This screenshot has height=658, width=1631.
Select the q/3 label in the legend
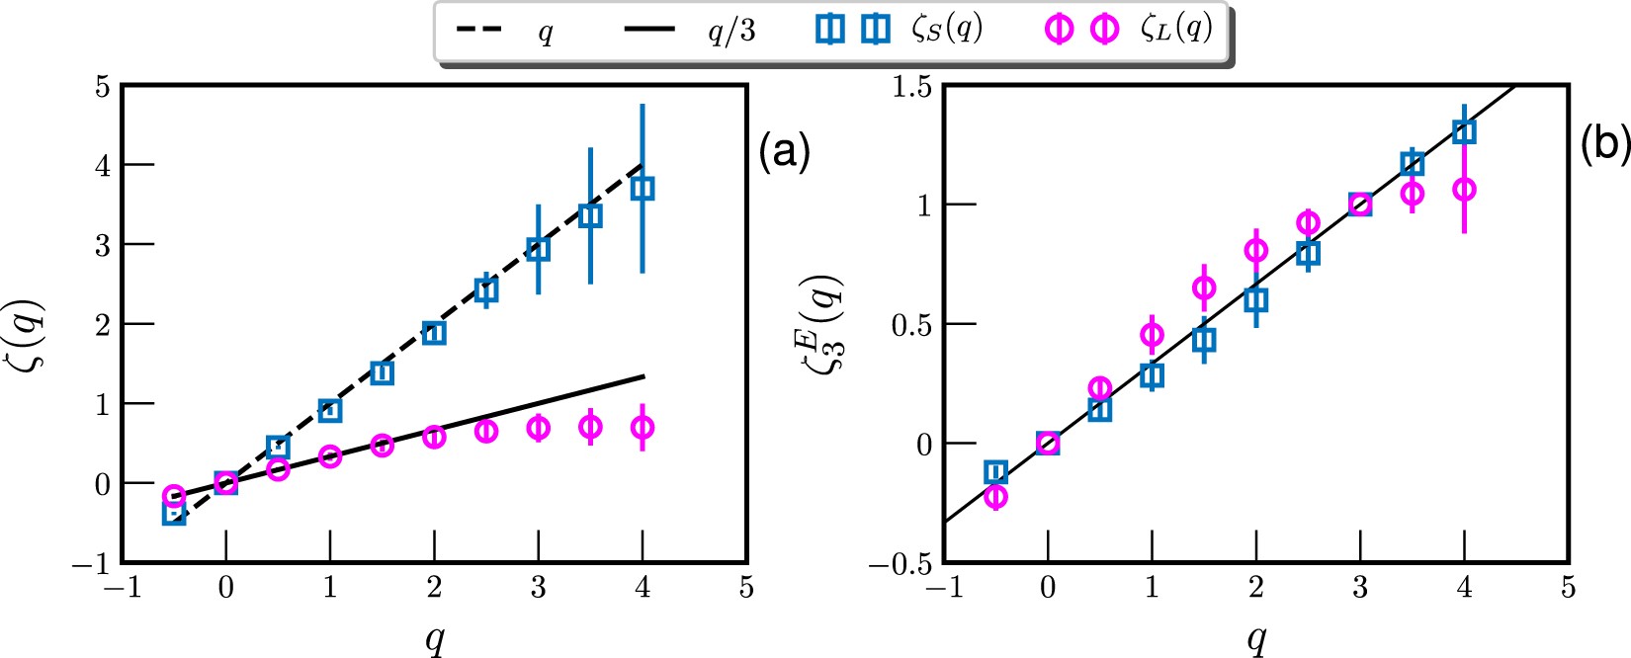[x=730, y=31]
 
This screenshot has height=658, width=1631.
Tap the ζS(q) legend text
[x=946, y=29]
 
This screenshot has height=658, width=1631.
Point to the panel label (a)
[x=784, y=152]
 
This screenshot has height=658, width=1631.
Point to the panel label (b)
[x=1603, y=145]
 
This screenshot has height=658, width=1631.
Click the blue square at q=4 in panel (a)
[x=643, y=188]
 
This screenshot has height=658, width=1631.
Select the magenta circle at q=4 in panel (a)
[x=643, y=428]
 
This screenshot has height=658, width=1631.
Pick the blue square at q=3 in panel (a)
[x=538, y=249]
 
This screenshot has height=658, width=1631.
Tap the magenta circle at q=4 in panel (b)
[x=1464, y=189]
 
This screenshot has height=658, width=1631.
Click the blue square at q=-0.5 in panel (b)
[x=996, y=472]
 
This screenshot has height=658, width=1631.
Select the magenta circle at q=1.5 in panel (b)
[x=1204, y=288]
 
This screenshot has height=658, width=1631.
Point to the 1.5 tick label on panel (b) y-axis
[x=910, y=87]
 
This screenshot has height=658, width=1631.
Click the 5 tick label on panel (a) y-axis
[x=102, y=87]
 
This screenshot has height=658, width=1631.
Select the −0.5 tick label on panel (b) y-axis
[x=900, y=564]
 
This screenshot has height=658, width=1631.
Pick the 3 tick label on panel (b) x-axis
[x=1360, y=589]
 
